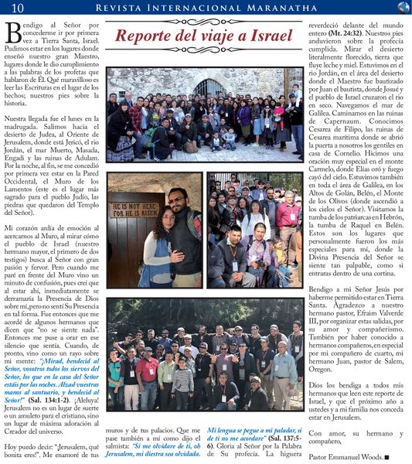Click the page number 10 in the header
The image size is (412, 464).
[x=17, y=7]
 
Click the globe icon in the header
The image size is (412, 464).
[x=403, y=7]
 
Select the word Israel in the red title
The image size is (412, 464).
[x=267, y=36]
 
